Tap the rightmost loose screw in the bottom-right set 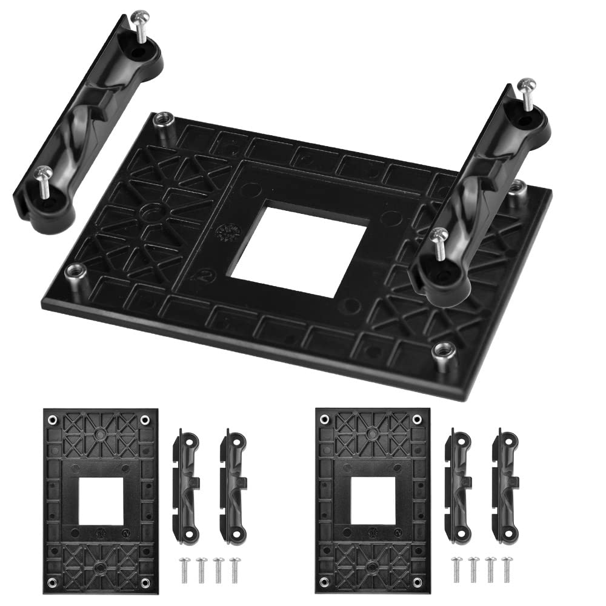(x=505, y=569)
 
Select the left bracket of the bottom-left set (x=186, y=484)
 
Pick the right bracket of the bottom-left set (x=233, y=484)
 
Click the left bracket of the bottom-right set (x=459, y=484)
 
